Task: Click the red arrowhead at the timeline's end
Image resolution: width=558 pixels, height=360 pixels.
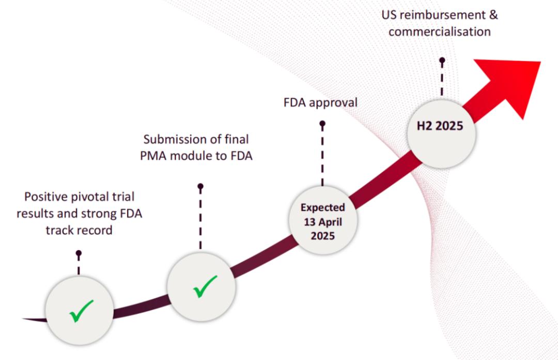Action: pos(513,84)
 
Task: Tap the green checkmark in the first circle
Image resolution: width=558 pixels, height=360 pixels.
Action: pos(82,311)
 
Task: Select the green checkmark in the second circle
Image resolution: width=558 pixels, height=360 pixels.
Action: pos(205,287)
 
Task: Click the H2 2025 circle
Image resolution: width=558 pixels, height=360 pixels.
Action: pos(441,134)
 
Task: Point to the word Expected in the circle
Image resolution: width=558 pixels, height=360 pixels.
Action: pos(323,208)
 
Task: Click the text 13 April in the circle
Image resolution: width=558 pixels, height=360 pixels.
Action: pos(323,222)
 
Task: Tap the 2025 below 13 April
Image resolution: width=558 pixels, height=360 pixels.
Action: pos(323,236)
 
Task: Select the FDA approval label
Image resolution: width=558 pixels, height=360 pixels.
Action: pos(320,103)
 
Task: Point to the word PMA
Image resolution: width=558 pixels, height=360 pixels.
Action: pos(153,156)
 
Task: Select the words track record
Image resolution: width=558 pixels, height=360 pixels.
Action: pos(79,230)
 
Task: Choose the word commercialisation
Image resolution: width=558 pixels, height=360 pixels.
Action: pos(440,32)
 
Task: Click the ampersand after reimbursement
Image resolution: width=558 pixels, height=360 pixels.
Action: pos(493,15)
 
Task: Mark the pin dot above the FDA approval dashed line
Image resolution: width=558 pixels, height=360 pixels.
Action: pos(322,124)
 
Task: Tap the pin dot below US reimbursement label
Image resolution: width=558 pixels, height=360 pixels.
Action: pos(442,60)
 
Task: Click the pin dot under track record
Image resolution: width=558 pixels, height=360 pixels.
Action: pos(79,253)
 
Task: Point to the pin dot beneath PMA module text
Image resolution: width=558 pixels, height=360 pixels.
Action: pos(200,186)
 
